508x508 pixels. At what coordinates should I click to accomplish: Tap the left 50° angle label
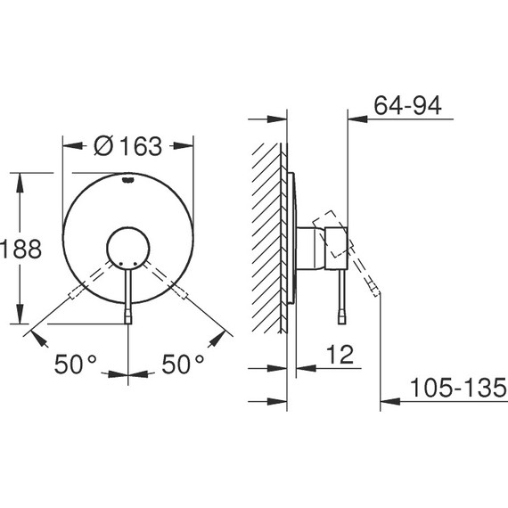(x=75, y=364)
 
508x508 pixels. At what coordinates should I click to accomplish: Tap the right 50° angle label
(x=183, y=364)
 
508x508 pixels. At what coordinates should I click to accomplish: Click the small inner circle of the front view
(x=128, y=247)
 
